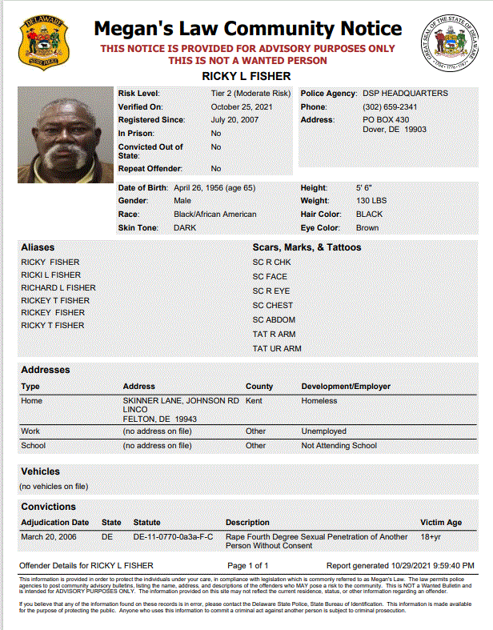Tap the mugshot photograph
[65, 134]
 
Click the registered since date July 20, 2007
[233, 120]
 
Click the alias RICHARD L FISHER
[58, 287]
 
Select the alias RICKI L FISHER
[50, 275]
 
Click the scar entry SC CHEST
[273, 305]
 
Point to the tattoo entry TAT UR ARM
[277, 349]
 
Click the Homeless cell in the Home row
[319, 400]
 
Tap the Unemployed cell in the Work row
[324, 431]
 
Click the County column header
[259, 386]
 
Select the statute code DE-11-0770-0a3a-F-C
[173, 536]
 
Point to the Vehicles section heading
[40, 471]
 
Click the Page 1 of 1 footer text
[247, 565]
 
